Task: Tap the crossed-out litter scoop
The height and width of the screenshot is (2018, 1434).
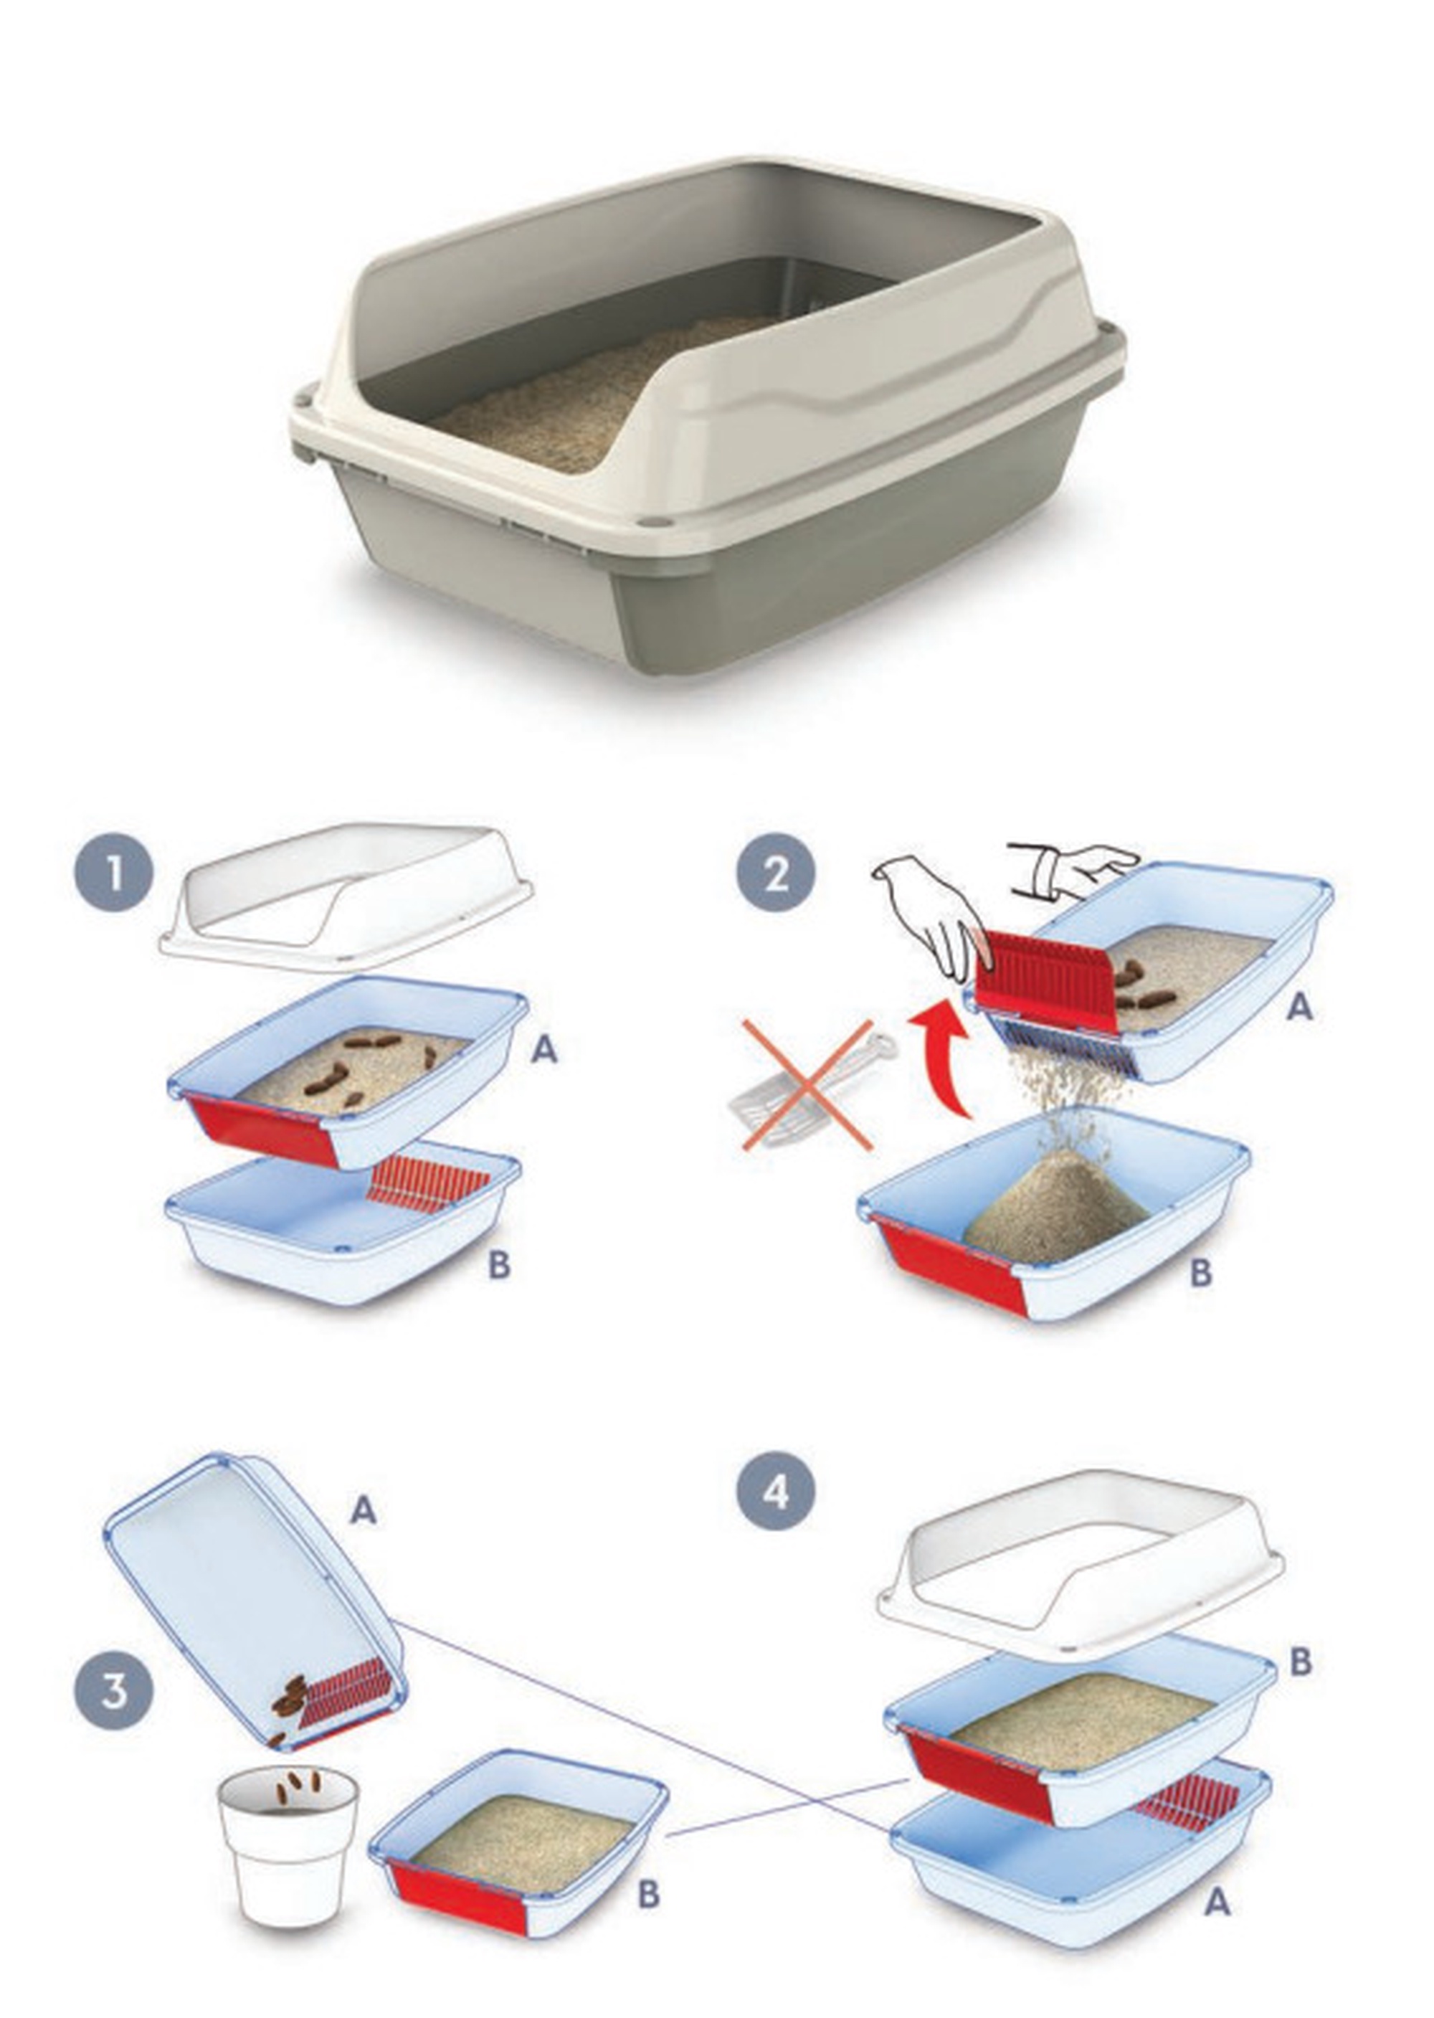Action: (x=808, y=1086)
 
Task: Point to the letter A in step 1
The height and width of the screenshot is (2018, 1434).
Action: (x=545, y=1049)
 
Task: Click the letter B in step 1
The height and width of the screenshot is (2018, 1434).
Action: (x=499, y=1266)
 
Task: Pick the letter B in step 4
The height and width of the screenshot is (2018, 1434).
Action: (x=1301, y=1662)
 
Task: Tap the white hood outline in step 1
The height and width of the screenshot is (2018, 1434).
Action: (x=346, y=896)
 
